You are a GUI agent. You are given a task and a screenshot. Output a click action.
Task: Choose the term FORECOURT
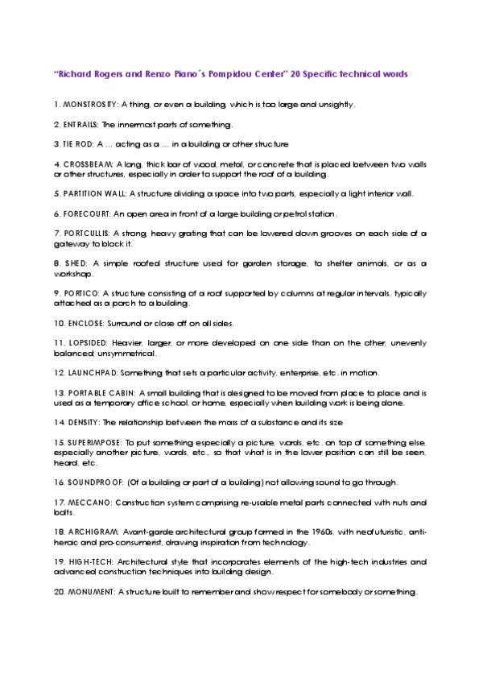point(86,214)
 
